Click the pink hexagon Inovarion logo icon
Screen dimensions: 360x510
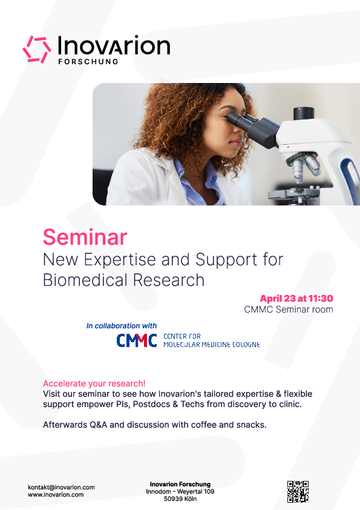tap(37, 49)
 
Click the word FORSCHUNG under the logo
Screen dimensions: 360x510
tap(88, 62)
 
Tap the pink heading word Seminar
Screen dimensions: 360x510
tap(85, 237)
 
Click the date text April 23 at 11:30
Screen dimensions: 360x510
tap(297, 298)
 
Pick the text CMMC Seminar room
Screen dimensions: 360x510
tap(289, 309)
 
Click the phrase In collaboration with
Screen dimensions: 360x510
tap(121, 326)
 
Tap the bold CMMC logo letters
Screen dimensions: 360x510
tap(137, 340)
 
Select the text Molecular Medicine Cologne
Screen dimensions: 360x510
tap(212, 344)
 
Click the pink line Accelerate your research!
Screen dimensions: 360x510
tap(94, 383)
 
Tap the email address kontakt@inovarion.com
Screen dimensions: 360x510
tap(61, 487)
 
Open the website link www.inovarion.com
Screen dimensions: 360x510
tap(56, 495)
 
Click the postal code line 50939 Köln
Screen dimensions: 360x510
tap(180, 499)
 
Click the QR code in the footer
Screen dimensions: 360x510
tap(298, 491)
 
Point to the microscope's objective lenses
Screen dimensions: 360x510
tap(303, 167)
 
